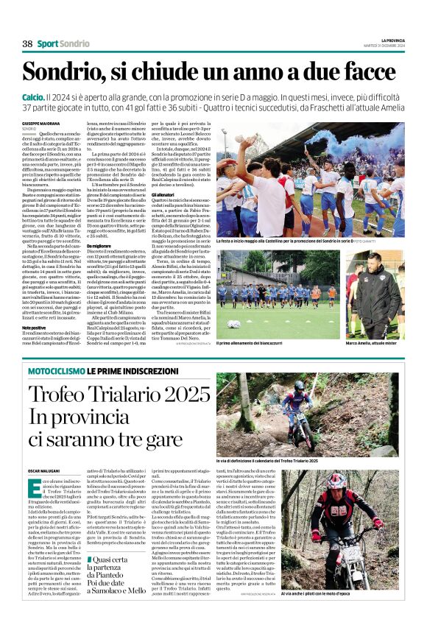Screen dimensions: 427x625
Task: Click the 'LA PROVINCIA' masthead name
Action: point(392,40)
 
